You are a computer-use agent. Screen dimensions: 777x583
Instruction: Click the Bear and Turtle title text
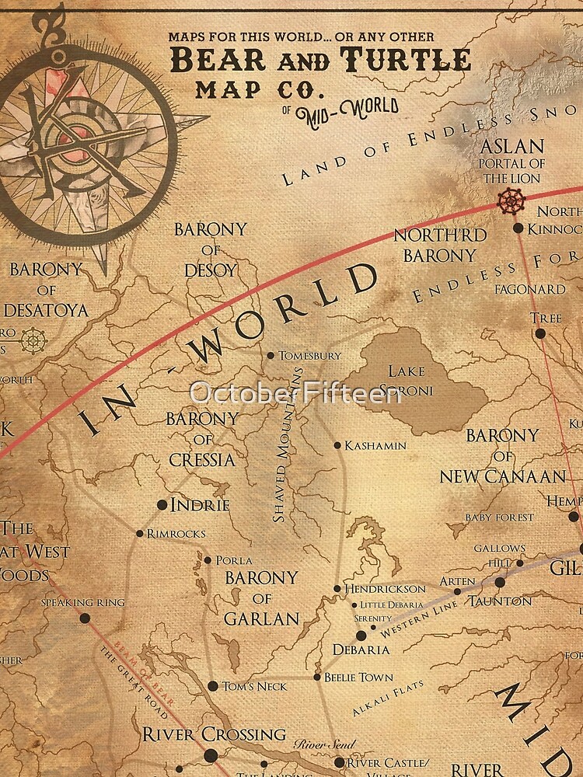click(320, 59)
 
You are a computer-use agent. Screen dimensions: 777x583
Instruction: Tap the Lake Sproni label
click(410, 382)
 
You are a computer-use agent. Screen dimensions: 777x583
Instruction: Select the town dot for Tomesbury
click(271, 356)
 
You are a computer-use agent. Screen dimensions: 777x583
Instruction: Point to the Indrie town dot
click(162, 505)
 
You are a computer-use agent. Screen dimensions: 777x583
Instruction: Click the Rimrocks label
click(176, 533)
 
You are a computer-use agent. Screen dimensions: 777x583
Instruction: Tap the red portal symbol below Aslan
click(511, 200)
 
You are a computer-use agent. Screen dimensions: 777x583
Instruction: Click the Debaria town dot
click(361, 636)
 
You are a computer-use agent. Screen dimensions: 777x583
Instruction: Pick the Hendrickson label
click(386, 589)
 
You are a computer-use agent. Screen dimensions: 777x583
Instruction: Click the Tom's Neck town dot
click(212, 686)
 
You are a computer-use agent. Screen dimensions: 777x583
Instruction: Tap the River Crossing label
click(214, 734)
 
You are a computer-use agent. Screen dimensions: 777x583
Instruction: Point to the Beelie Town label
click(358, 678)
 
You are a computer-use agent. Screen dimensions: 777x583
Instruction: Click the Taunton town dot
click(500, 582)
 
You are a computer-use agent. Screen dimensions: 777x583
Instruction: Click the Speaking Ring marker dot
click(85, 619)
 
